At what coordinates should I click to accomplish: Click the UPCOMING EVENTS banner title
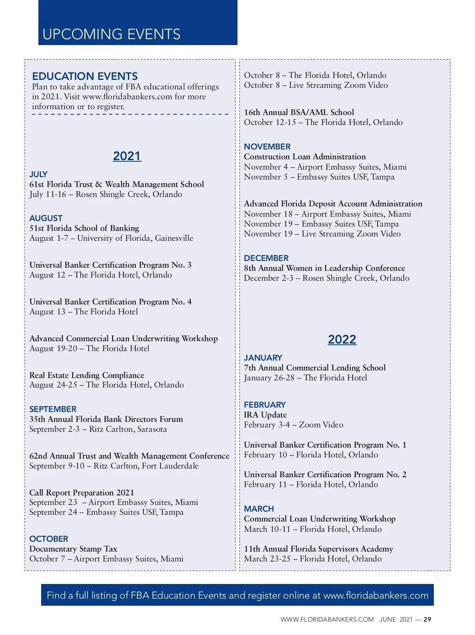[111, 34]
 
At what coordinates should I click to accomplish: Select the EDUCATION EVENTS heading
[85, 76]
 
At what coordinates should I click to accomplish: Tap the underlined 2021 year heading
[127, 156]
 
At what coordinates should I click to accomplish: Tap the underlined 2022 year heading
[342, 339]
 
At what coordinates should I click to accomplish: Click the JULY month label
[38, 174]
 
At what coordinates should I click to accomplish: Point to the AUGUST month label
[46, 218]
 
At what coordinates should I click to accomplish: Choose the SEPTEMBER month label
[53, 409]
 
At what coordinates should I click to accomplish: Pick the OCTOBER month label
[49, 539]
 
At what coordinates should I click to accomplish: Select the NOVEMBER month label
[267, 146]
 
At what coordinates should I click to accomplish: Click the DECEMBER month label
[266, 258]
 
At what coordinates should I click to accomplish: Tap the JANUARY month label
[263, 357]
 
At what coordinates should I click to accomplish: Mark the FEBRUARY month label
[264, 404]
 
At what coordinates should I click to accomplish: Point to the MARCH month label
[259, 508]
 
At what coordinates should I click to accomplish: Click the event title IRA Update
[265, 415]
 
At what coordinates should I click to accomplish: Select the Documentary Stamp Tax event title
[73, 549]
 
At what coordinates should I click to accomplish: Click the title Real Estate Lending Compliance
[87, 375]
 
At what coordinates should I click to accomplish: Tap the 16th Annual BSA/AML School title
[299, 112]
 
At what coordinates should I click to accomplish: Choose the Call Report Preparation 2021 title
[82, 492]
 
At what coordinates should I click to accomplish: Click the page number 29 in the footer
[427, 620]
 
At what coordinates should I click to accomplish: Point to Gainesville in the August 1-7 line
[174, 238]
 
